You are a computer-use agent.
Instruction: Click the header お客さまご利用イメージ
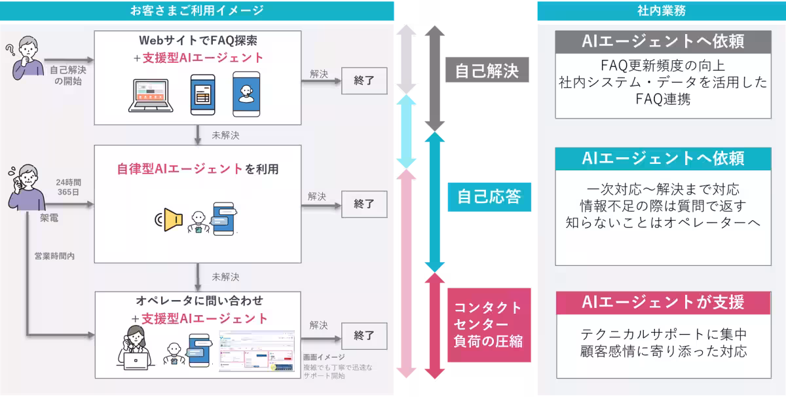tap(197, 10)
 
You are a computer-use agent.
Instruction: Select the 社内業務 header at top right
tap(662, 10)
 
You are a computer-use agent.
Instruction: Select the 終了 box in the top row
tap(364, 81)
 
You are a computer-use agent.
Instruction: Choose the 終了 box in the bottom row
tap(364, 335)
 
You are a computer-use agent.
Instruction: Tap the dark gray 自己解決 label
tap(486, 70)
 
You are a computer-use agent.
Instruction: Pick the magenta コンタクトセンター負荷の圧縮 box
tap(488, 324)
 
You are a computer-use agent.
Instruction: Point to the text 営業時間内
tap(54, 256)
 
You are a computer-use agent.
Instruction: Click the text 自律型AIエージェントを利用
tap(197, 169)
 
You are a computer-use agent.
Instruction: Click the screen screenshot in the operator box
tap(257, 351)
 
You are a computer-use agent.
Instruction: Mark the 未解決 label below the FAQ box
tap(225, 136)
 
